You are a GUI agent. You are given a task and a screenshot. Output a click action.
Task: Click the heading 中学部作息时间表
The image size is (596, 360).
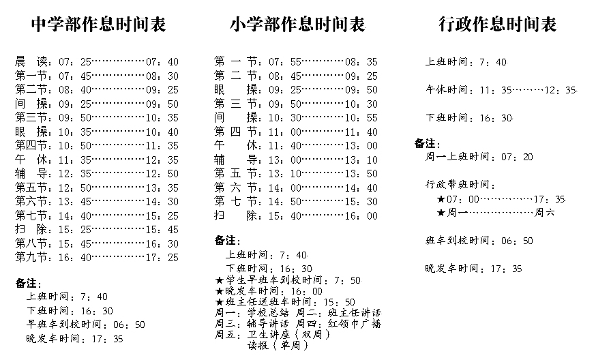98,25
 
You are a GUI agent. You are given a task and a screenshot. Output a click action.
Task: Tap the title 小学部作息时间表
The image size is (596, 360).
297,25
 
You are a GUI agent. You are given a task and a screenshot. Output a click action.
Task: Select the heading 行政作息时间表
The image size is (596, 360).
498,25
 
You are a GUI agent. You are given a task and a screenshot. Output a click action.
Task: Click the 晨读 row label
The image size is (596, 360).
31,61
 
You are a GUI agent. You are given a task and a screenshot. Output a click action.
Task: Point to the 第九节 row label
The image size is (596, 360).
31,257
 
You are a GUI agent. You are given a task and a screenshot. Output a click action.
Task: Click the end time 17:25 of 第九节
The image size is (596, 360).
162,258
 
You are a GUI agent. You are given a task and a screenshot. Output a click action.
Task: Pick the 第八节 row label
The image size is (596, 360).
31,243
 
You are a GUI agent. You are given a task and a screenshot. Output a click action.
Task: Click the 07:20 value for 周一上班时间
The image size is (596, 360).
517,157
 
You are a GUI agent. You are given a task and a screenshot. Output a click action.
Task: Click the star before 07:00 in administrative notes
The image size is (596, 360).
441,199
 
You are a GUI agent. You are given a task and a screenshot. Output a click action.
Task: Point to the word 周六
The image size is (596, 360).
544,212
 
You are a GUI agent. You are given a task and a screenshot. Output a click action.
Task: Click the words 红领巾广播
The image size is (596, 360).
354,324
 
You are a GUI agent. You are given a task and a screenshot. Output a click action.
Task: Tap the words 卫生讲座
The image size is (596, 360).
269,335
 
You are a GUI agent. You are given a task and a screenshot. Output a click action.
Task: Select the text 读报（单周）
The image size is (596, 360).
278,345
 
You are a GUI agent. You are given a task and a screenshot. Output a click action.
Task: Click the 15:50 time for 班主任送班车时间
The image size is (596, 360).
339,302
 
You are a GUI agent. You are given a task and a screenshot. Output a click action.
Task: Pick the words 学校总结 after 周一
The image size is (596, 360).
268,313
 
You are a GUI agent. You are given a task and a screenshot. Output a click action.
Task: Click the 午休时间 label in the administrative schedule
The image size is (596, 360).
447,90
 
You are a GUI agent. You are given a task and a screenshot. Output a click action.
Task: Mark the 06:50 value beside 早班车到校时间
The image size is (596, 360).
130,325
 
